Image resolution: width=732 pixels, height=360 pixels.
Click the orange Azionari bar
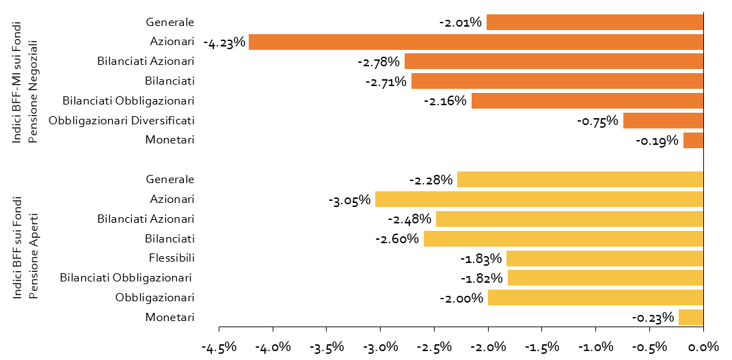click(476, 42)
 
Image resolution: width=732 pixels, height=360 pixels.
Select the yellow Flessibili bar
click(605, 258)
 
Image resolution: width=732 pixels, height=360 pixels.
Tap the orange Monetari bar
click(693, 140)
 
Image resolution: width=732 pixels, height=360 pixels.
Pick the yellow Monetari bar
click(691, 318)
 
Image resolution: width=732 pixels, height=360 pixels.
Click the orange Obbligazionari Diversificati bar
click(664, 121)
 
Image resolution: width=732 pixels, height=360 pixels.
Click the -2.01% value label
click(460, 23)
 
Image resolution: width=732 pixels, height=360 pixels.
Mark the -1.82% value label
click(481, 279)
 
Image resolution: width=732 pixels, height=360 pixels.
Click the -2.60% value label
click(397, 239)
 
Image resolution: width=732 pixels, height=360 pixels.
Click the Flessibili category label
click(172, 258)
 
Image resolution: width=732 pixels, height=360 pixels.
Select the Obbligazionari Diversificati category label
click(122, 120)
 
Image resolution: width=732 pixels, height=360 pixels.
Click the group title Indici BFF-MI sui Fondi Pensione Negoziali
click(25, 81)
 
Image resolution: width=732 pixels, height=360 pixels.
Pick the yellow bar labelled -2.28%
click(580, 180)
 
